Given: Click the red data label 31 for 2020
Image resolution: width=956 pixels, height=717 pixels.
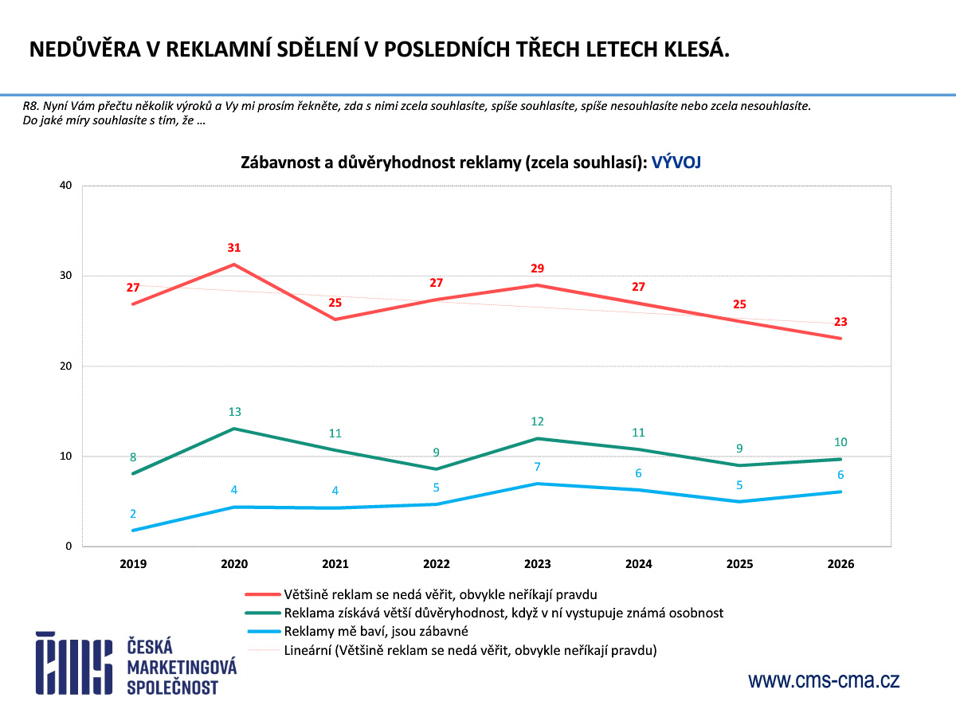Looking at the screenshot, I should click(x=233, y=248).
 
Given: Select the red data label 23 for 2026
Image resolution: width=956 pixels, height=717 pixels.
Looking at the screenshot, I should click(x=840, y=322).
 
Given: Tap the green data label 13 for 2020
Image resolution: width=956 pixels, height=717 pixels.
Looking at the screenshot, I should click(x=234, y=412).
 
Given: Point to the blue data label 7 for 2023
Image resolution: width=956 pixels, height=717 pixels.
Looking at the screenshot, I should click(x=538, y=466).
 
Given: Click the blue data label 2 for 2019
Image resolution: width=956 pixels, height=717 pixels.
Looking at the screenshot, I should click(x=133, y=514).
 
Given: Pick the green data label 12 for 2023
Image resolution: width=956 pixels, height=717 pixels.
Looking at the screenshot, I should click(x=538, y=421).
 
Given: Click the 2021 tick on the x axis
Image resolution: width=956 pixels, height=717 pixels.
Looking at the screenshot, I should click(x=335, y=564).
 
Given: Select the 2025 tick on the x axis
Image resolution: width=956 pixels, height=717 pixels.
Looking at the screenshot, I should click(x=740, y=564).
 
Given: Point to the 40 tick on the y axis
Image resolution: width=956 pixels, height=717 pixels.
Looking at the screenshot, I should click(x=65, y=186).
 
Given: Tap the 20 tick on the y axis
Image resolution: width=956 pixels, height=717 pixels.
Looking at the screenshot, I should click(x=65, y=366).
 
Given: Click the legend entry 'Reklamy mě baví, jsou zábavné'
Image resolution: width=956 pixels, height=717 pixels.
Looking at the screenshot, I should click(x=375, y=631).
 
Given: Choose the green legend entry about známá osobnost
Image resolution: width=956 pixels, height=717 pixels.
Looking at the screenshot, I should click(x=503, y=613).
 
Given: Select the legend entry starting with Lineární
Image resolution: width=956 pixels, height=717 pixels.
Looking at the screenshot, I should click(x=469, y=650).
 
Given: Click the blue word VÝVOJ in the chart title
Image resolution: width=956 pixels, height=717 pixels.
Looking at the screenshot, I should click(x=676, y=163).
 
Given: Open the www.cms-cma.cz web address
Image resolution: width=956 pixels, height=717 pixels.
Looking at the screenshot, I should click(x=824, y=680).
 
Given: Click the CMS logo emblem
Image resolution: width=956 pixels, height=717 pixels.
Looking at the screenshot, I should click(x=73, y=663).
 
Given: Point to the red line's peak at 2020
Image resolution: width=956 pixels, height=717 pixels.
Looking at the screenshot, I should click(x=234, y=264).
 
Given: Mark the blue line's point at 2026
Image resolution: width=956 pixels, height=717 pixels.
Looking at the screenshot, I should click(x=840, y=492).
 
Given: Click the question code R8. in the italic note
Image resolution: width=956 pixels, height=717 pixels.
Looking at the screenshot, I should click(x=32, y=106).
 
